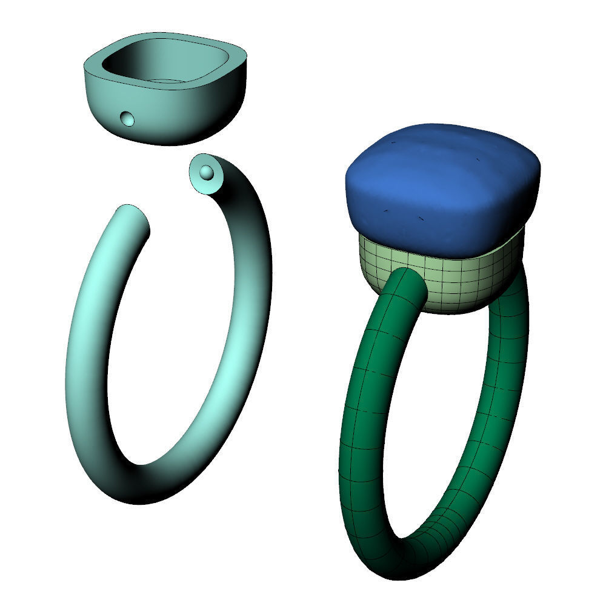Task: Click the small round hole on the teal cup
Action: pyautogui.click(x=128, y=118)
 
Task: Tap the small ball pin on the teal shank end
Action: pyautogui.click(x=207, y=172)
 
